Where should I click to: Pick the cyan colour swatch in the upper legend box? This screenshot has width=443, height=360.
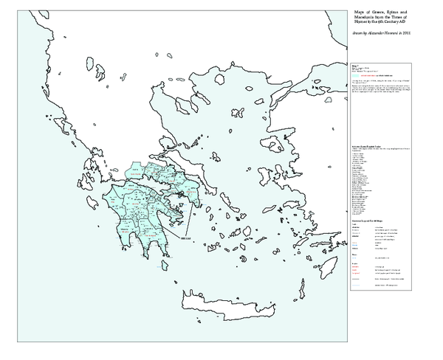tap(356, 76)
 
